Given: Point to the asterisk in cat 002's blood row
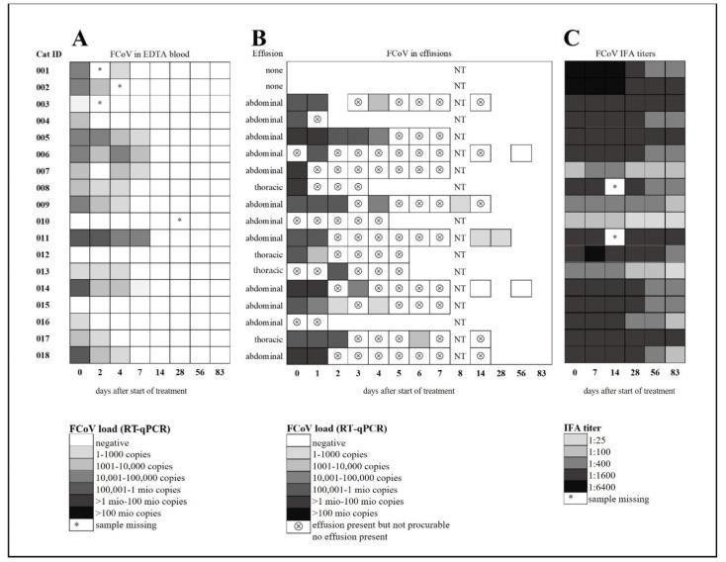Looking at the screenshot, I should click(120, 87).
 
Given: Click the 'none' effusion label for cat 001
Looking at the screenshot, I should click(268, 70).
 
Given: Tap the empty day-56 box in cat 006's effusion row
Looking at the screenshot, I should click(520, 153).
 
